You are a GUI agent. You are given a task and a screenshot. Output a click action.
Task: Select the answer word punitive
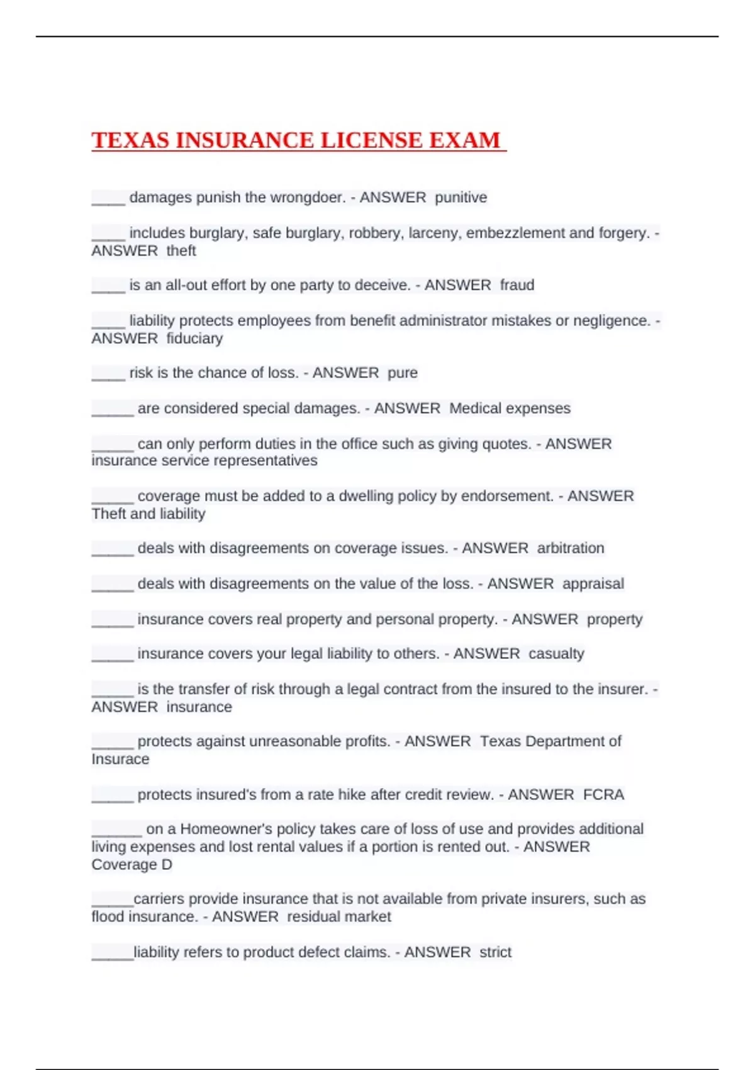(x=461, y=198)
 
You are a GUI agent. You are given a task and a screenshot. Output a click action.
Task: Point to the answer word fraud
(x=517, y=285)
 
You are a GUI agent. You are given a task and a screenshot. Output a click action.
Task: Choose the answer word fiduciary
(x=194, y=339)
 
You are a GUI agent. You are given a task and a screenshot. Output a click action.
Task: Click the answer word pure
(x=402, y=373)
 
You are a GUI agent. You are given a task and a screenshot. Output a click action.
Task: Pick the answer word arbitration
(x=570, y=548)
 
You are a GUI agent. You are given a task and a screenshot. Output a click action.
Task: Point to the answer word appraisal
(x=593, y=584)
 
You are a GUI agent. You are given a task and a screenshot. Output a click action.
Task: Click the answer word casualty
(x=556, y=654)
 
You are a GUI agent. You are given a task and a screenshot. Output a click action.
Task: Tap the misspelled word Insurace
(x=120, y=759)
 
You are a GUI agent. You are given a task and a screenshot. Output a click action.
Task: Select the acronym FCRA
(x=603, y=795)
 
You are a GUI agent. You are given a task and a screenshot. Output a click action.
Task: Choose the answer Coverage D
(x=131, y=865)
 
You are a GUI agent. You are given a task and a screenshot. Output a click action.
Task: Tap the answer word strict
(x=495, y=952)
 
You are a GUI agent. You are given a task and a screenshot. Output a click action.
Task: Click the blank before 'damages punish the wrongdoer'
(x=108, y=200)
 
